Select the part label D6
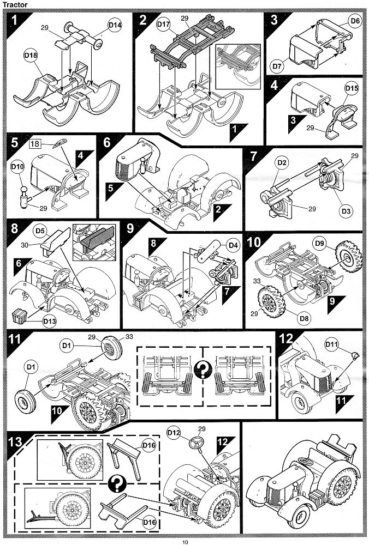(355, 21)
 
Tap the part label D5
(40, 231)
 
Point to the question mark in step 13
(115, 483)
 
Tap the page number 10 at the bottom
(185, 541)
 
